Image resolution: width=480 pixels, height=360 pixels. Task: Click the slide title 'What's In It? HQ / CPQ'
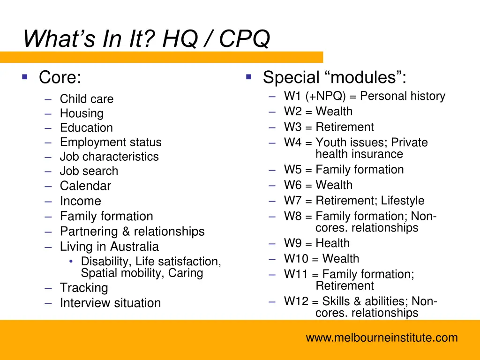pyautogui.click(x=147, y=38)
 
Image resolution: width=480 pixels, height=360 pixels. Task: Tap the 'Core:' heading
pyautogui.click(x=60, y=77)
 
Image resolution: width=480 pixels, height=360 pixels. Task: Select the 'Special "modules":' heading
pyautogui.click(x=334, y=77)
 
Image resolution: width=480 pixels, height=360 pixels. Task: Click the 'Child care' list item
pyautogui.click(x=86, y=99)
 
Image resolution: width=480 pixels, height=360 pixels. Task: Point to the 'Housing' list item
pyautogui.click(x=82, y=113)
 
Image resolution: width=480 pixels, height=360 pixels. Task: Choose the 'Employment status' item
pyautogui.click(x=111, y=142)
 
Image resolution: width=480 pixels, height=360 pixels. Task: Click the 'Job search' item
pyautogui.click(x=89, y=171)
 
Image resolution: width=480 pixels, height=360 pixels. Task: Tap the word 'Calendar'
pyautogui.click(x=85, y=186)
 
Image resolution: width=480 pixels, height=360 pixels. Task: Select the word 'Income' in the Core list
pyautogui.click(x=80, y=201)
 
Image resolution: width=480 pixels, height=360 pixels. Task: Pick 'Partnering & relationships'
pyautogui.click(x=132, y=232)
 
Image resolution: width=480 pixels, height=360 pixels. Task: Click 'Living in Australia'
pyautogui.click(x=109, y=247)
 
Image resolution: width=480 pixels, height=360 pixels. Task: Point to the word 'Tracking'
pyautogui.click(x=84, y=288)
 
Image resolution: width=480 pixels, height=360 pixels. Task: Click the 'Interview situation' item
pyautogui.click(x=110, y=303)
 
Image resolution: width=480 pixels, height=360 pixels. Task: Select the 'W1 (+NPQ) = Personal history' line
pyautogui.click(x=364, y=96)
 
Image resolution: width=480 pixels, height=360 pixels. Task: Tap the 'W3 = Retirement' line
pyautogui.click(x=329, y=127)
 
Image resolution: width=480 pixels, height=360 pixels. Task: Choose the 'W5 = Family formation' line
pyautogui.click(x=344, y=170)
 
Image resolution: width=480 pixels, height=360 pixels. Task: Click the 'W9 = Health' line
pyautogui.click(x=316, y=243)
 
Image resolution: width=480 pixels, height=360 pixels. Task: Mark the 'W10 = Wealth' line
pyautogui.click(x=321, y=259)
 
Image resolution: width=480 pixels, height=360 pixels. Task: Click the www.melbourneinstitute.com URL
pyautogui.click(x=382, y=338)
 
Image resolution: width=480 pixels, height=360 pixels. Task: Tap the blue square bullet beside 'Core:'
pyautogui.click(x=25, y=76)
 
